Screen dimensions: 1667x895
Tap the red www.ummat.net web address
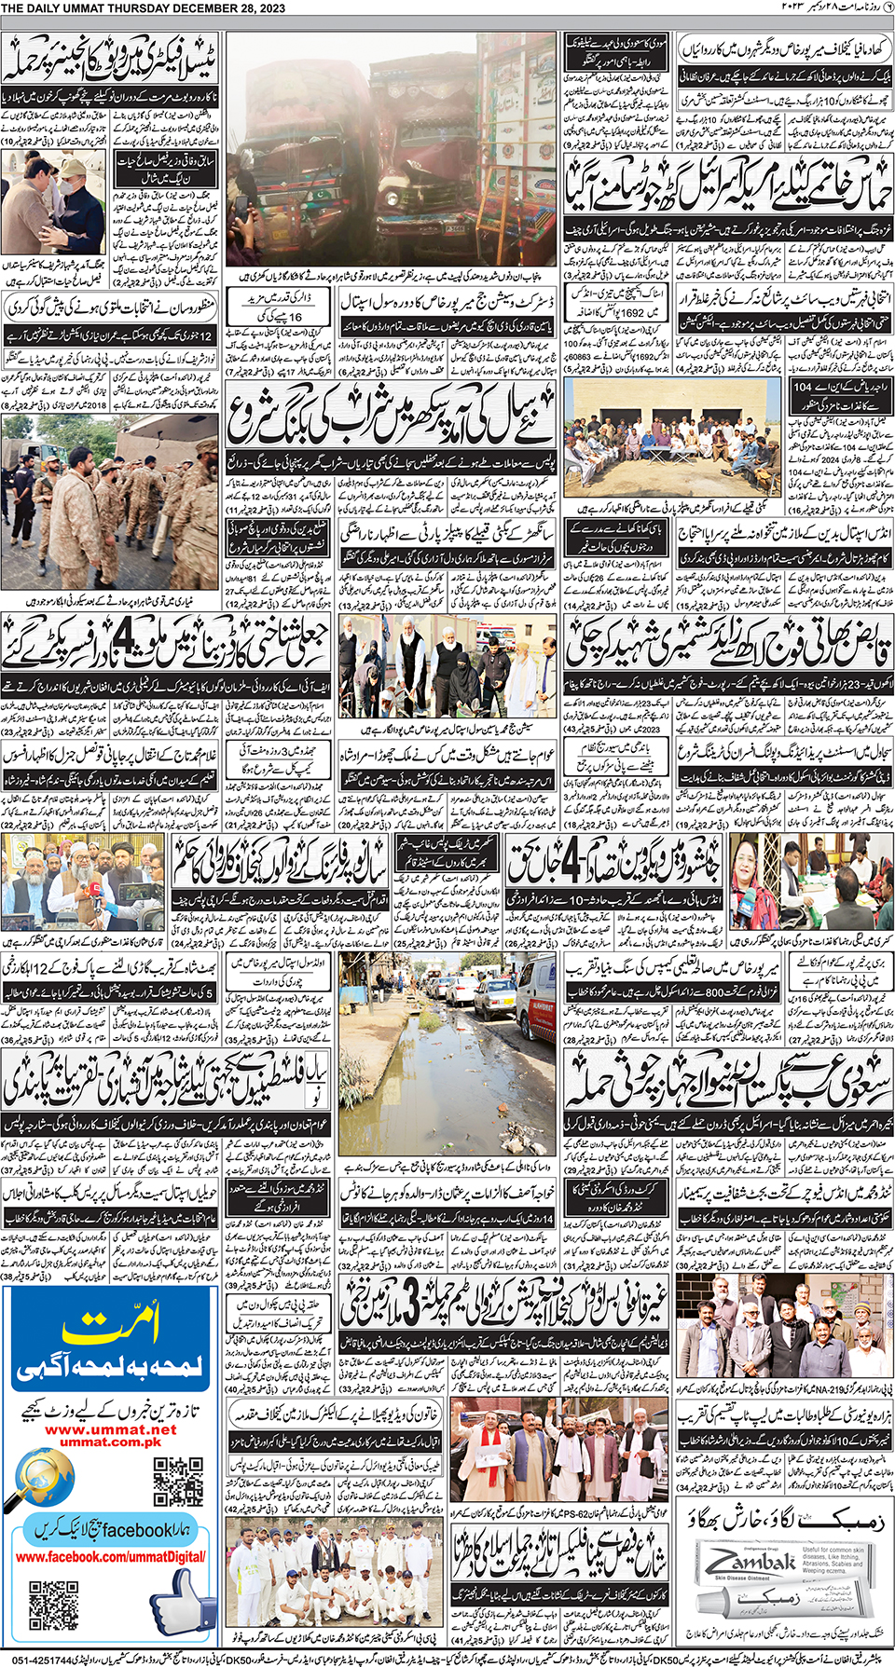110,1428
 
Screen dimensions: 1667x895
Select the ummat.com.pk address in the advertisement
110,1442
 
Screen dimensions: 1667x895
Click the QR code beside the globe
178,1481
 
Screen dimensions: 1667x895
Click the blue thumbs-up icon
181,1601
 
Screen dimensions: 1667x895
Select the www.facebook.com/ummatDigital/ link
110,1556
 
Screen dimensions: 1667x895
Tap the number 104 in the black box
802,387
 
